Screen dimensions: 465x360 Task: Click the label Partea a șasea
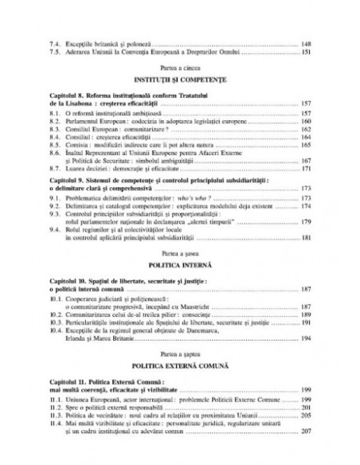pyautogui.click(x=179, y=260)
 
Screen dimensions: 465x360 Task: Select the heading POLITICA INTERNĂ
pyautogui.click(x=179, y=269)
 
